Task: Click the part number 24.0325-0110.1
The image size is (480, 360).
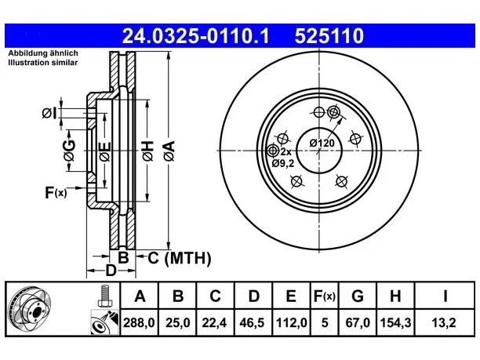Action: [195, 36]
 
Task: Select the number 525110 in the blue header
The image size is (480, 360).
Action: [329, 36]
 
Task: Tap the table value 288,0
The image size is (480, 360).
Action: [139, 322]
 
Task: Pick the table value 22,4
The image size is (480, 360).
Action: [214, 322]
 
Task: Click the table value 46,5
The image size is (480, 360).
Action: [253, 322]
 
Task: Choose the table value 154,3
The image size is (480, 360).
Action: [395, 322]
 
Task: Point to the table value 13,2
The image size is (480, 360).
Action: [444, 322]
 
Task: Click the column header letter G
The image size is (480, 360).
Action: [358, 296]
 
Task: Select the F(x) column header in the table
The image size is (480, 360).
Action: [325, 296]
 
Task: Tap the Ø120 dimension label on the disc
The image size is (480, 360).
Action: [322, 143]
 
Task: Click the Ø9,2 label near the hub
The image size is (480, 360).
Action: [283, 163]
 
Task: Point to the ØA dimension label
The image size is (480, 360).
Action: [169, 151]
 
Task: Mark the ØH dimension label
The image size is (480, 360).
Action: [147, 151]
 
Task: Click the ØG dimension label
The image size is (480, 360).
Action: [69, 151]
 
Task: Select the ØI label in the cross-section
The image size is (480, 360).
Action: [49, 113]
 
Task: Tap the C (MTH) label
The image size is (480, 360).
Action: [180, 258]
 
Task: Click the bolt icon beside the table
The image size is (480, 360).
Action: [105, 296]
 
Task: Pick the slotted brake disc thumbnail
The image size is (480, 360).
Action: [29, 309]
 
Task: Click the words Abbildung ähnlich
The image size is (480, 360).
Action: [43, 53]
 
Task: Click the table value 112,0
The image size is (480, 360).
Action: [291, 322]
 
